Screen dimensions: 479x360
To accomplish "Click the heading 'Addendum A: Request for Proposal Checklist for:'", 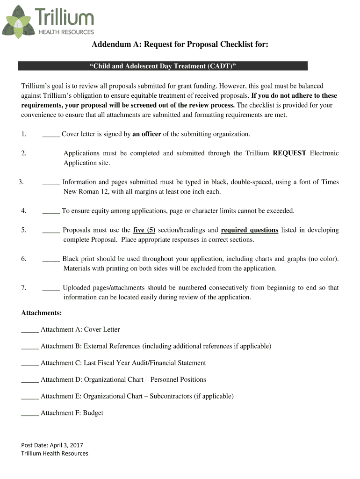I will pyautogui.click(x=180, y=44).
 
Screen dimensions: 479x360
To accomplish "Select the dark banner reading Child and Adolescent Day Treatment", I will pyautogui.click(x=163, y=66).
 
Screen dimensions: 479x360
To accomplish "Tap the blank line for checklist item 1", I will pyautogui.click(x=51, y=135).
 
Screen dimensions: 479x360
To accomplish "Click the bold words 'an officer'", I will pyautogui.click(x=147, y=134).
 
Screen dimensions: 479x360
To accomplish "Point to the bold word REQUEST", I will pyautogui.click(x=289, y=153).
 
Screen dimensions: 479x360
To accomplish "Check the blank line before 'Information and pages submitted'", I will pyautogui.click(x=51, y=182).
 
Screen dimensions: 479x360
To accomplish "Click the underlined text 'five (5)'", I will pyautogui.click(x=144, y=230).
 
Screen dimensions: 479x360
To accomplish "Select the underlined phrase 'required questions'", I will pyautogui.click(x=249, y=230).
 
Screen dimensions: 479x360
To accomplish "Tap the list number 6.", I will pyautogui.click(x=23, y=259).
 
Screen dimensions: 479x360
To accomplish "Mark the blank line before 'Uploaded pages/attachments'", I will pyautogui.click(x=51, y=288).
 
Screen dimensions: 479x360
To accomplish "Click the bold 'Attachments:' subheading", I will pyautogui.click(x=42, y=312).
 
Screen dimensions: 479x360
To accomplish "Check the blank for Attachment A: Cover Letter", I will pyautogui.click(x=30, y=330).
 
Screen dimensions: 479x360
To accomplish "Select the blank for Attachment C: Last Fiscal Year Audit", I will pyautogui.click(x=30, y=363).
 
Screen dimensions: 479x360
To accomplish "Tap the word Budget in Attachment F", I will pyautogui.click(x=93, y=413).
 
